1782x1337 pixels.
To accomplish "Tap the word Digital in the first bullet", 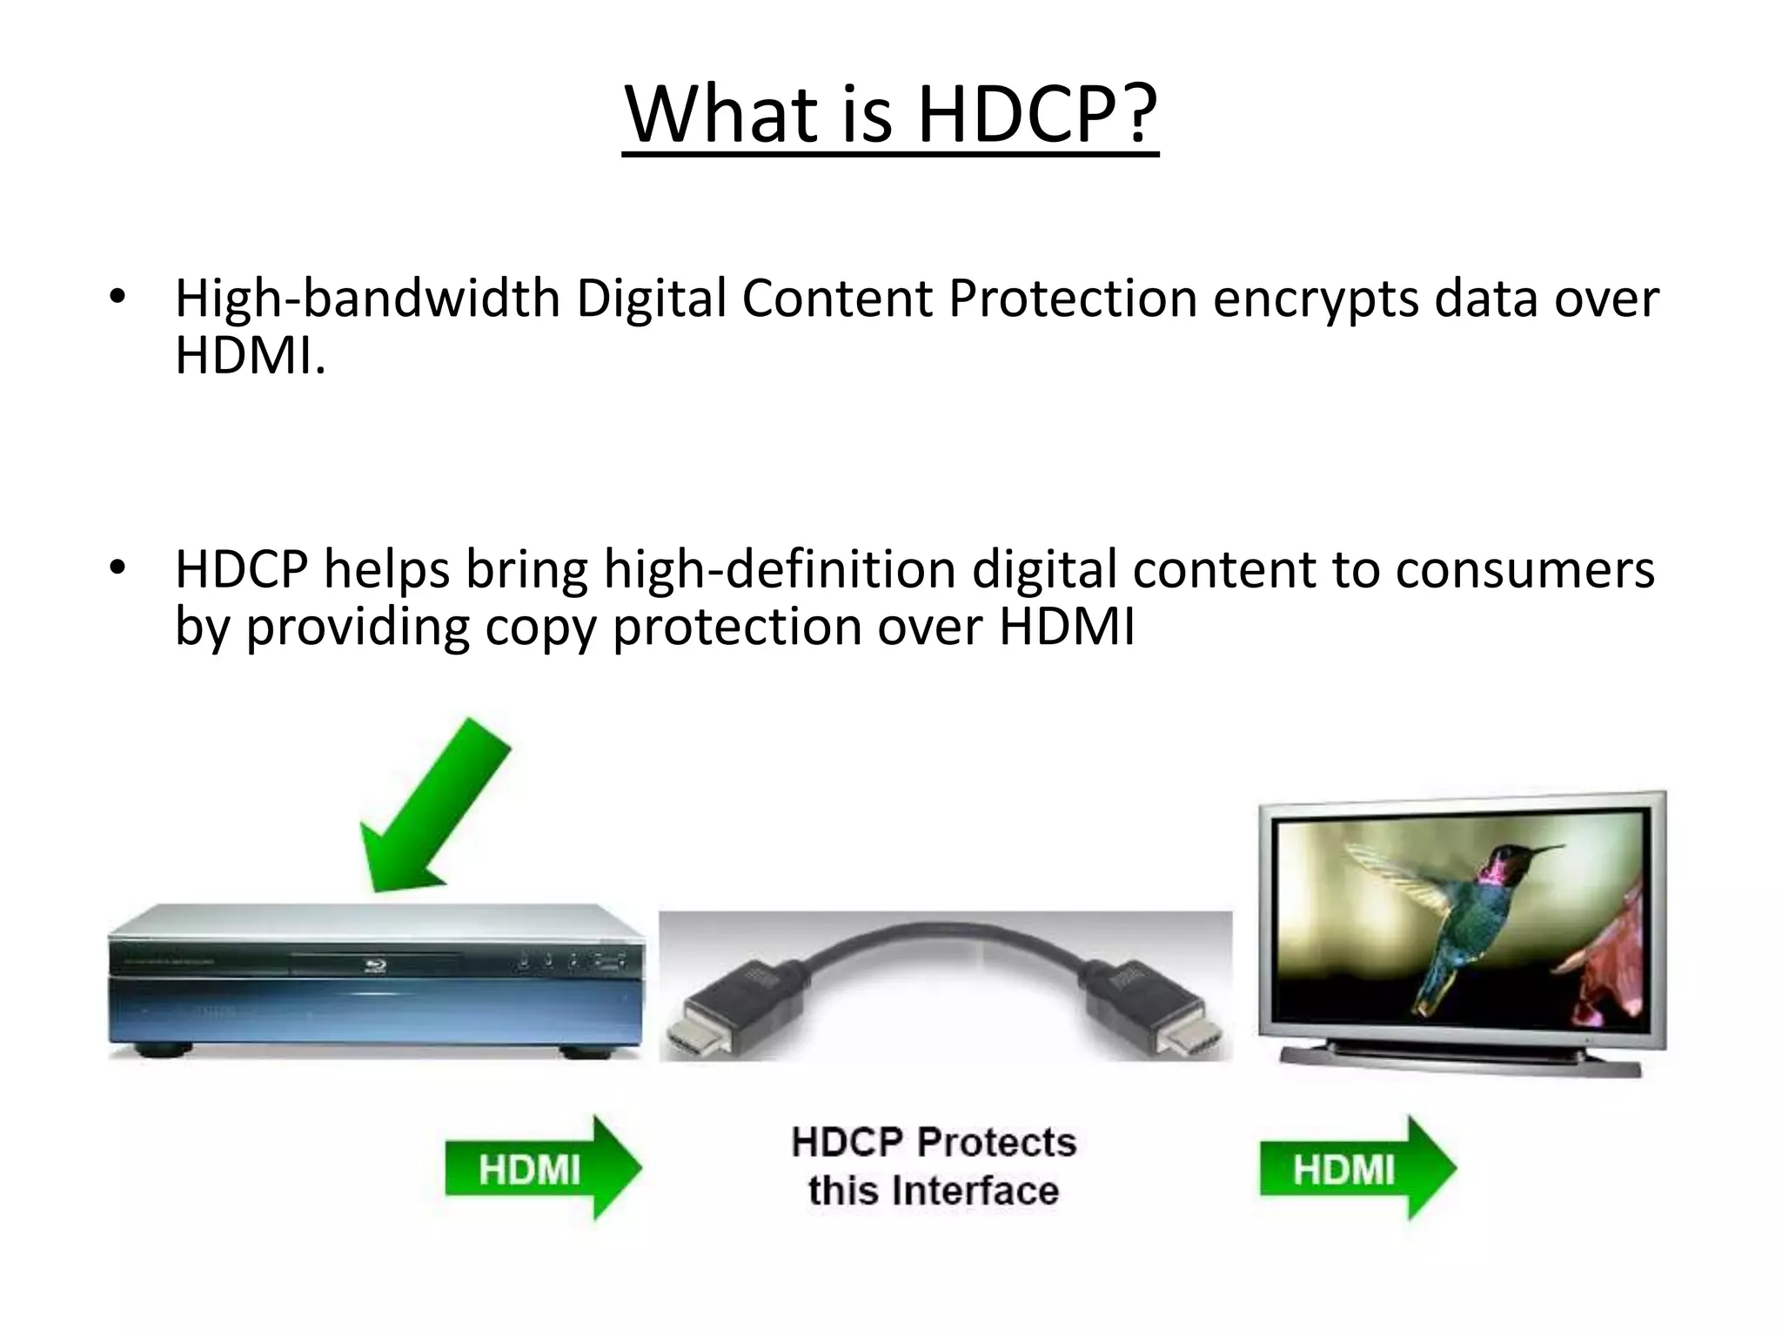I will [x=650, y=299].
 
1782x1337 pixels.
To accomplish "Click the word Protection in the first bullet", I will [x=1072, y=299].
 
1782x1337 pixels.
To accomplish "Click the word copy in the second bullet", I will [x=540, y=627].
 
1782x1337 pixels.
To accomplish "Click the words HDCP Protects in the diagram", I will [x=934, y=1142].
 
